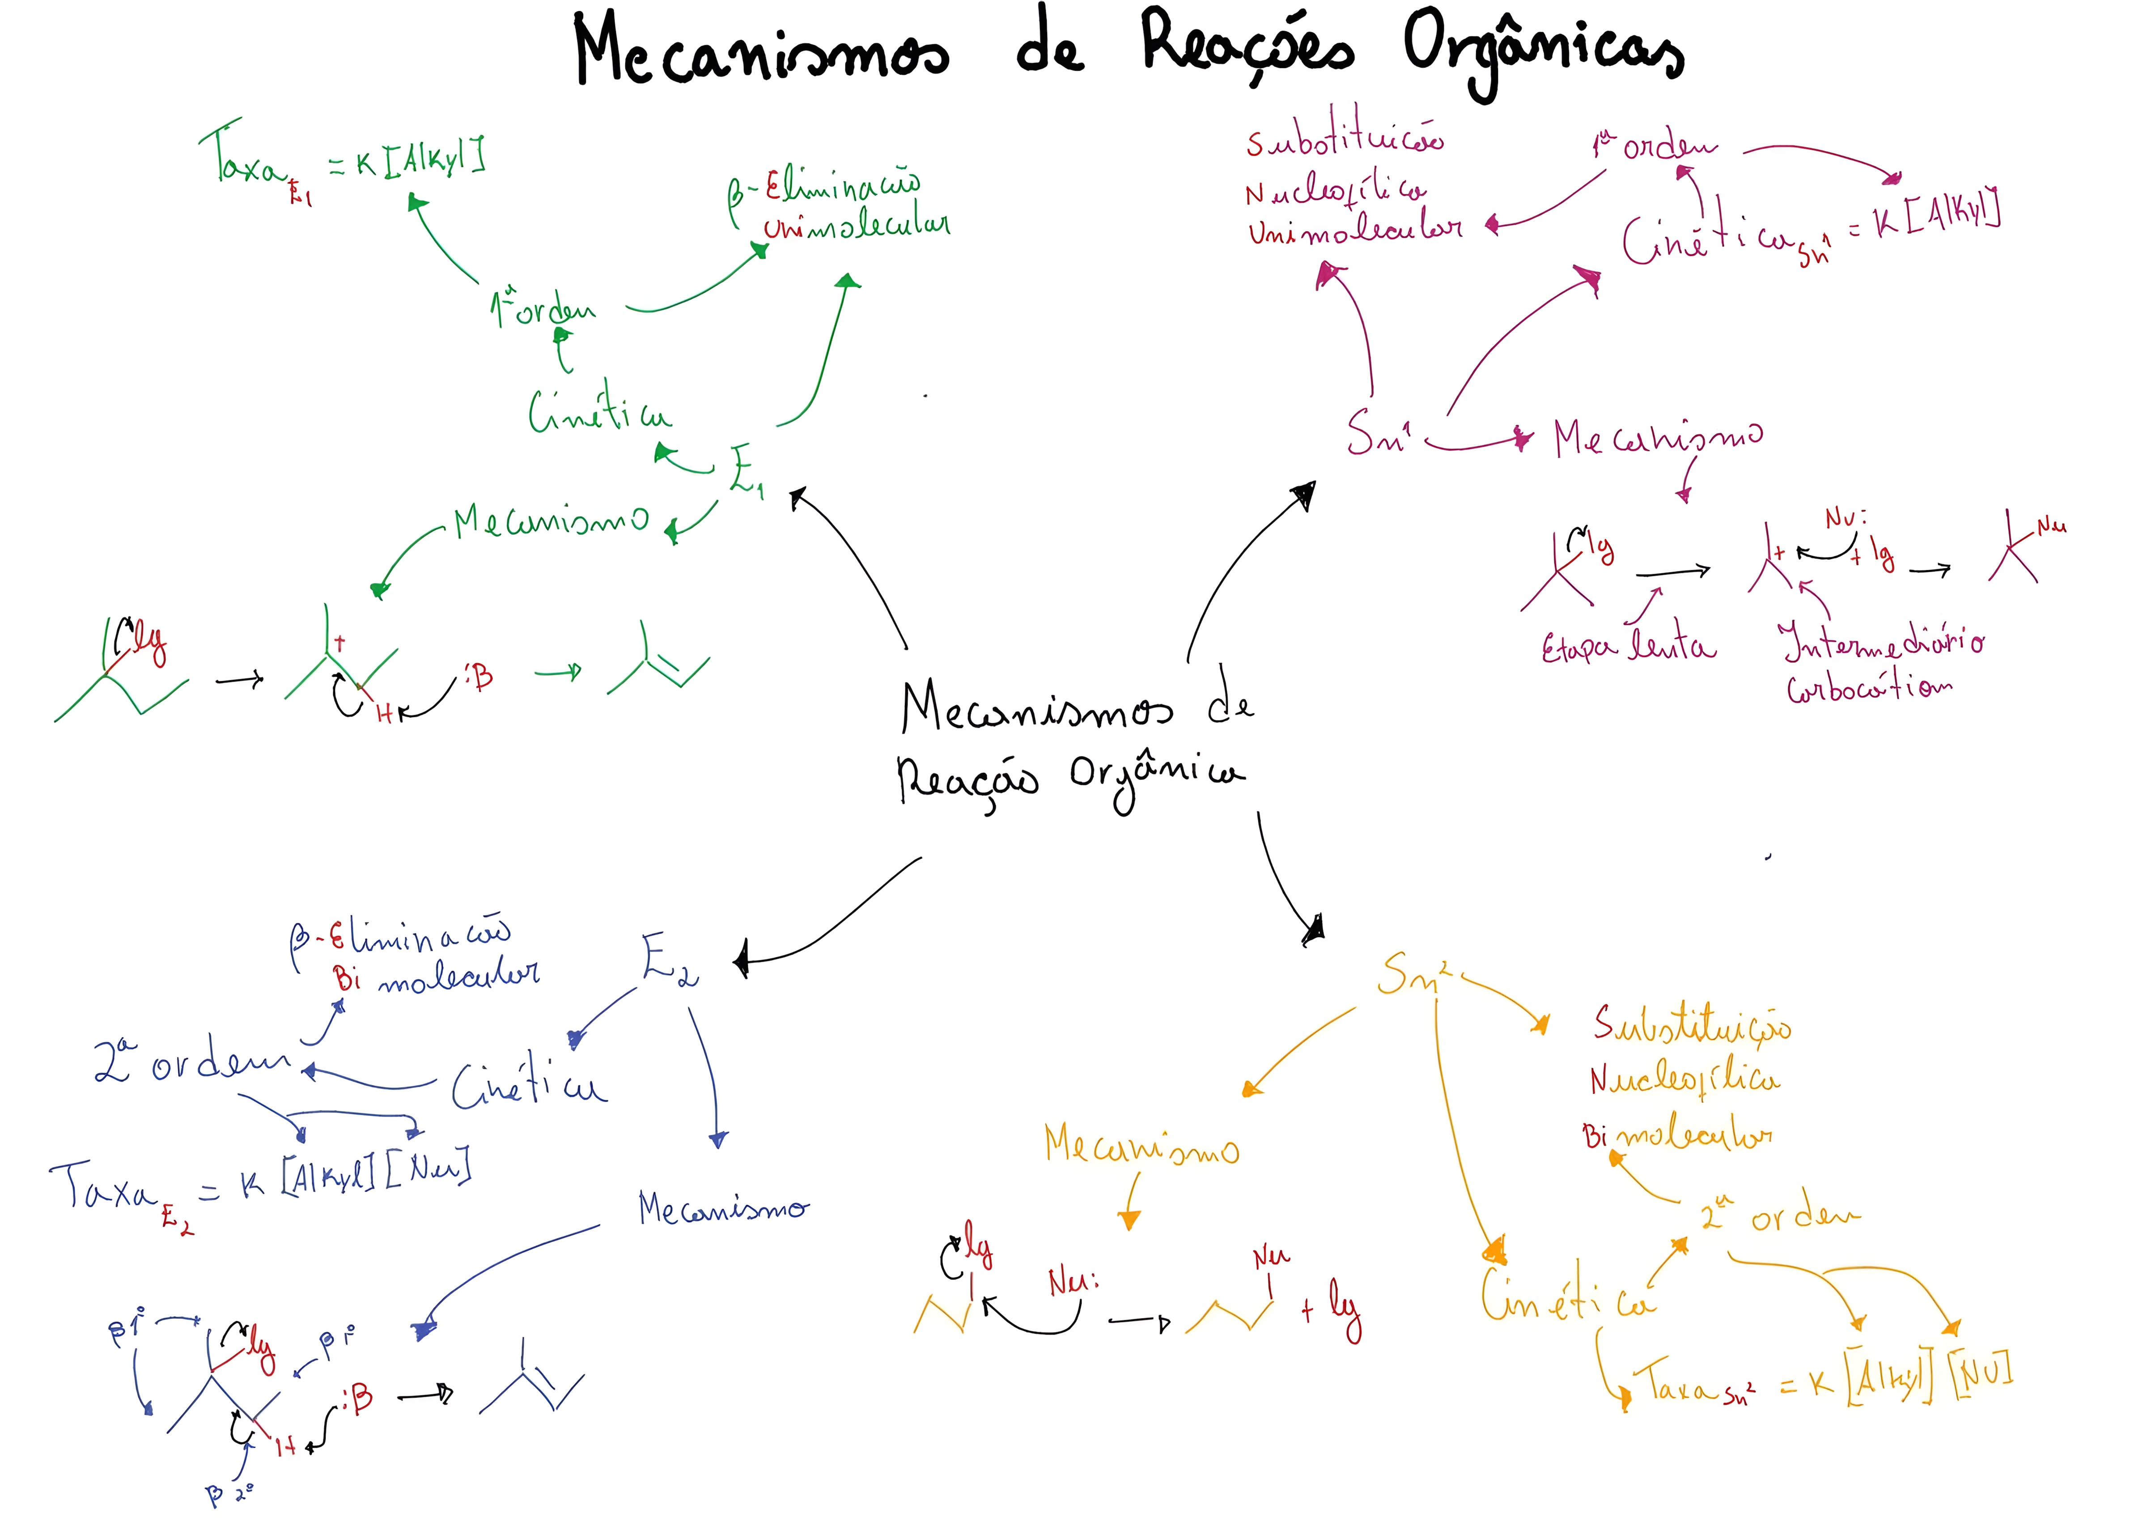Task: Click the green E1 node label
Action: click(745, 470)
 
